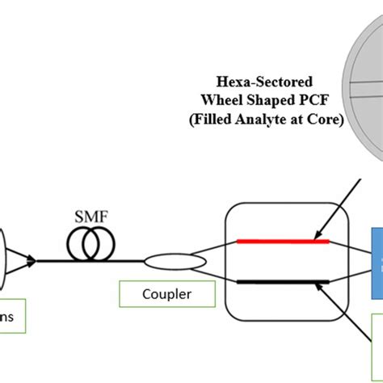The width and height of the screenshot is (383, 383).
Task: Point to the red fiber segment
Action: tap(282, 240)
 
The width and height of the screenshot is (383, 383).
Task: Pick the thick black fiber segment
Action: tap(282, 281)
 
